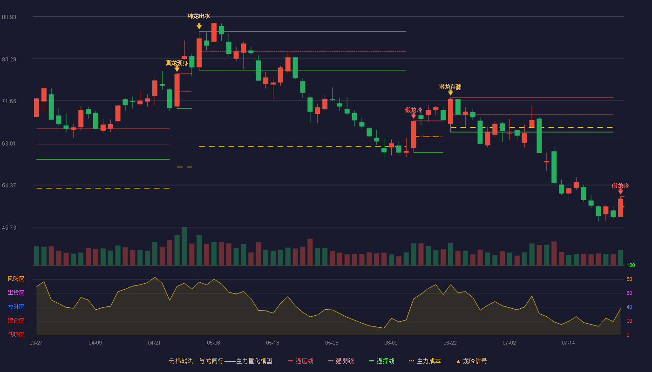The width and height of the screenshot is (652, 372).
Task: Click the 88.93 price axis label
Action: coord(9,17)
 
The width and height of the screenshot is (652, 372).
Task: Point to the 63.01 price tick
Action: coord(9,144)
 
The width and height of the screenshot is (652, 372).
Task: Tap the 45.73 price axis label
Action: coord(9,228)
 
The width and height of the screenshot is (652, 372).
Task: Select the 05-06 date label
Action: coord(213,343)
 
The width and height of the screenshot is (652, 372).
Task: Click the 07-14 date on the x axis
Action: coord(568,343)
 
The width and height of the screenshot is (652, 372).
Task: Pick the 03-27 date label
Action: coord(36,343)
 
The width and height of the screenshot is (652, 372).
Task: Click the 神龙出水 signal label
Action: coord(199,16)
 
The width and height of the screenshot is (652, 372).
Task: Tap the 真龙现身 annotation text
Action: coord(177,63)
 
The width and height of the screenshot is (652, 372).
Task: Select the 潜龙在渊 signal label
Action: coord(450,87)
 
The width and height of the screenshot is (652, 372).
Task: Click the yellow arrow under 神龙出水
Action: coord(199,27)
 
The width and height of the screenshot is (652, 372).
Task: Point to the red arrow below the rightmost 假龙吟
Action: coord(620,192)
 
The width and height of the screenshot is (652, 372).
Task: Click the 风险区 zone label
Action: coord(16,279)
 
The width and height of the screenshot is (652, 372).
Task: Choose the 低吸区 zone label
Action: coord(16,335)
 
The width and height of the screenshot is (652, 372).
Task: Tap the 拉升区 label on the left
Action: coord(16,307)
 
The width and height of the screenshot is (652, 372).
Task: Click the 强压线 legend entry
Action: coord(300,361)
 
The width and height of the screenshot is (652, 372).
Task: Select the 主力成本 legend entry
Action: coord(425,361)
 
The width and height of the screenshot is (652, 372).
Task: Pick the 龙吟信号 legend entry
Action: coord(471,361)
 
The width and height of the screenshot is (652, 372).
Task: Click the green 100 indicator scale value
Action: coord(631,266)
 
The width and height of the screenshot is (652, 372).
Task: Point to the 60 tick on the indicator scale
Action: coord(629,293)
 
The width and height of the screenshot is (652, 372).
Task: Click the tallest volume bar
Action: coord(184,246)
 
